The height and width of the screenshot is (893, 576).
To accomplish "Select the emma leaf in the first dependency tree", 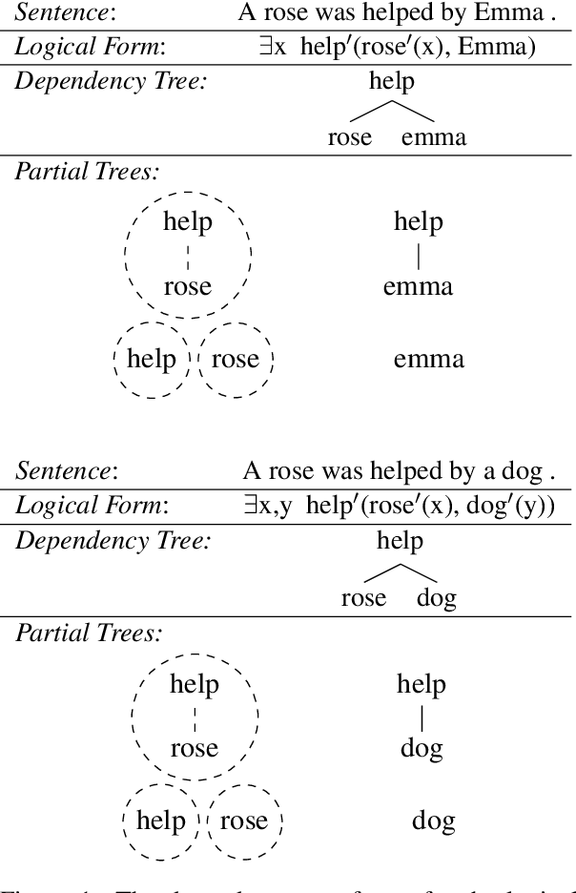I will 434,137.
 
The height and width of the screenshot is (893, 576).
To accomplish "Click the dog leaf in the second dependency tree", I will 438,598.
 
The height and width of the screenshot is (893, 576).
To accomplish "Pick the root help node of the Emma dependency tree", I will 392,81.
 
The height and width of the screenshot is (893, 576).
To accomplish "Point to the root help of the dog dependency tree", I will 400,542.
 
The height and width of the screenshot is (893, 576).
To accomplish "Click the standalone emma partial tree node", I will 428,359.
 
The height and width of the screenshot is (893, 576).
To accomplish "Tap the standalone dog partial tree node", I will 433,820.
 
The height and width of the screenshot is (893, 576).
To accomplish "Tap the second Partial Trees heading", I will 87,633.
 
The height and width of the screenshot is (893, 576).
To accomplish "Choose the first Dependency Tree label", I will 113,81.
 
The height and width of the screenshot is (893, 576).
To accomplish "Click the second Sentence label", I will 65,470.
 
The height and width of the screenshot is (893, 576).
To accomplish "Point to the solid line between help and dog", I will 422,716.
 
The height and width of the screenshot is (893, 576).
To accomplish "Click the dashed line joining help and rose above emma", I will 188,255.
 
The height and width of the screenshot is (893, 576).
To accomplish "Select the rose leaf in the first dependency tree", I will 349,137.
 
